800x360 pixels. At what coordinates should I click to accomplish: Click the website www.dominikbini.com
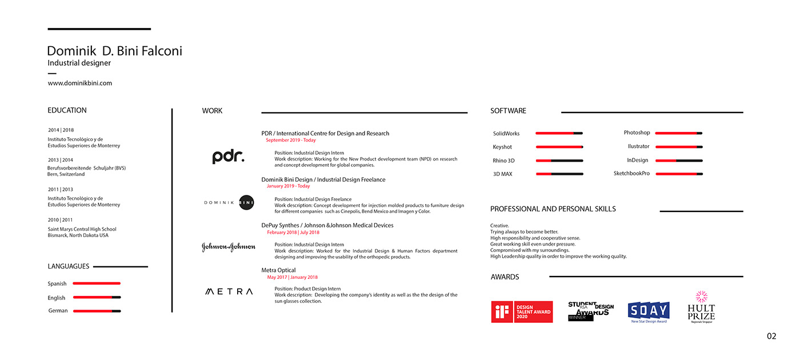[80, 83]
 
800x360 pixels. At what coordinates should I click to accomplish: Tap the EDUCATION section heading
[67, 110]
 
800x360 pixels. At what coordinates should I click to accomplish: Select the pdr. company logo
[228, 157]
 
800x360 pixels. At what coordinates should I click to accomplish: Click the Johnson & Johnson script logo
[229, 247]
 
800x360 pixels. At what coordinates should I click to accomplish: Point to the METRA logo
[229, 291]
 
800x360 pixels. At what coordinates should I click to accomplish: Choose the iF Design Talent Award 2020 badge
[522, 311]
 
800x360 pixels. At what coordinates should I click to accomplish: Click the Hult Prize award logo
[701, 307]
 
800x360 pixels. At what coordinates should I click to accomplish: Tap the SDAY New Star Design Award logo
[649, 311]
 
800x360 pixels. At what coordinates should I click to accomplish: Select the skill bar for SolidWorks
[559, 133]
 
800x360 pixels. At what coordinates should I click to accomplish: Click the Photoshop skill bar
[678, 133]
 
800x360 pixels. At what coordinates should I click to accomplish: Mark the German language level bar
[97, 311]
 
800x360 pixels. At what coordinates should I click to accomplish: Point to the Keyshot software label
[502, 147]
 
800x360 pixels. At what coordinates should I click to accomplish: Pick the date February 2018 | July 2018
[293, 233]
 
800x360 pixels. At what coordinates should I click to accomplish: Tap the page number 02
[771, 337]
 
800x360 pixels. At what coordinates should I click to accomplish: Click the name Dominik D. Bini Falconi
[114, 51]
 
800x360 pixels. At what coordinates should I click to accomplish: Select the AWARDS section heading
[505, 277]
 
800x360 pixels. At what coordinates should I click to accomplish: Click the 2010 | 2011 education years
[61, 220]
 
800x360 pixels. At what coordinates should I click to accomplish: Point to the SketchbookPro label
[631, 173]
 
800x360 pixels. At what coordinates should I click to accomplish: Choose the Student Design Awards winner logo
[590, 310]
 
